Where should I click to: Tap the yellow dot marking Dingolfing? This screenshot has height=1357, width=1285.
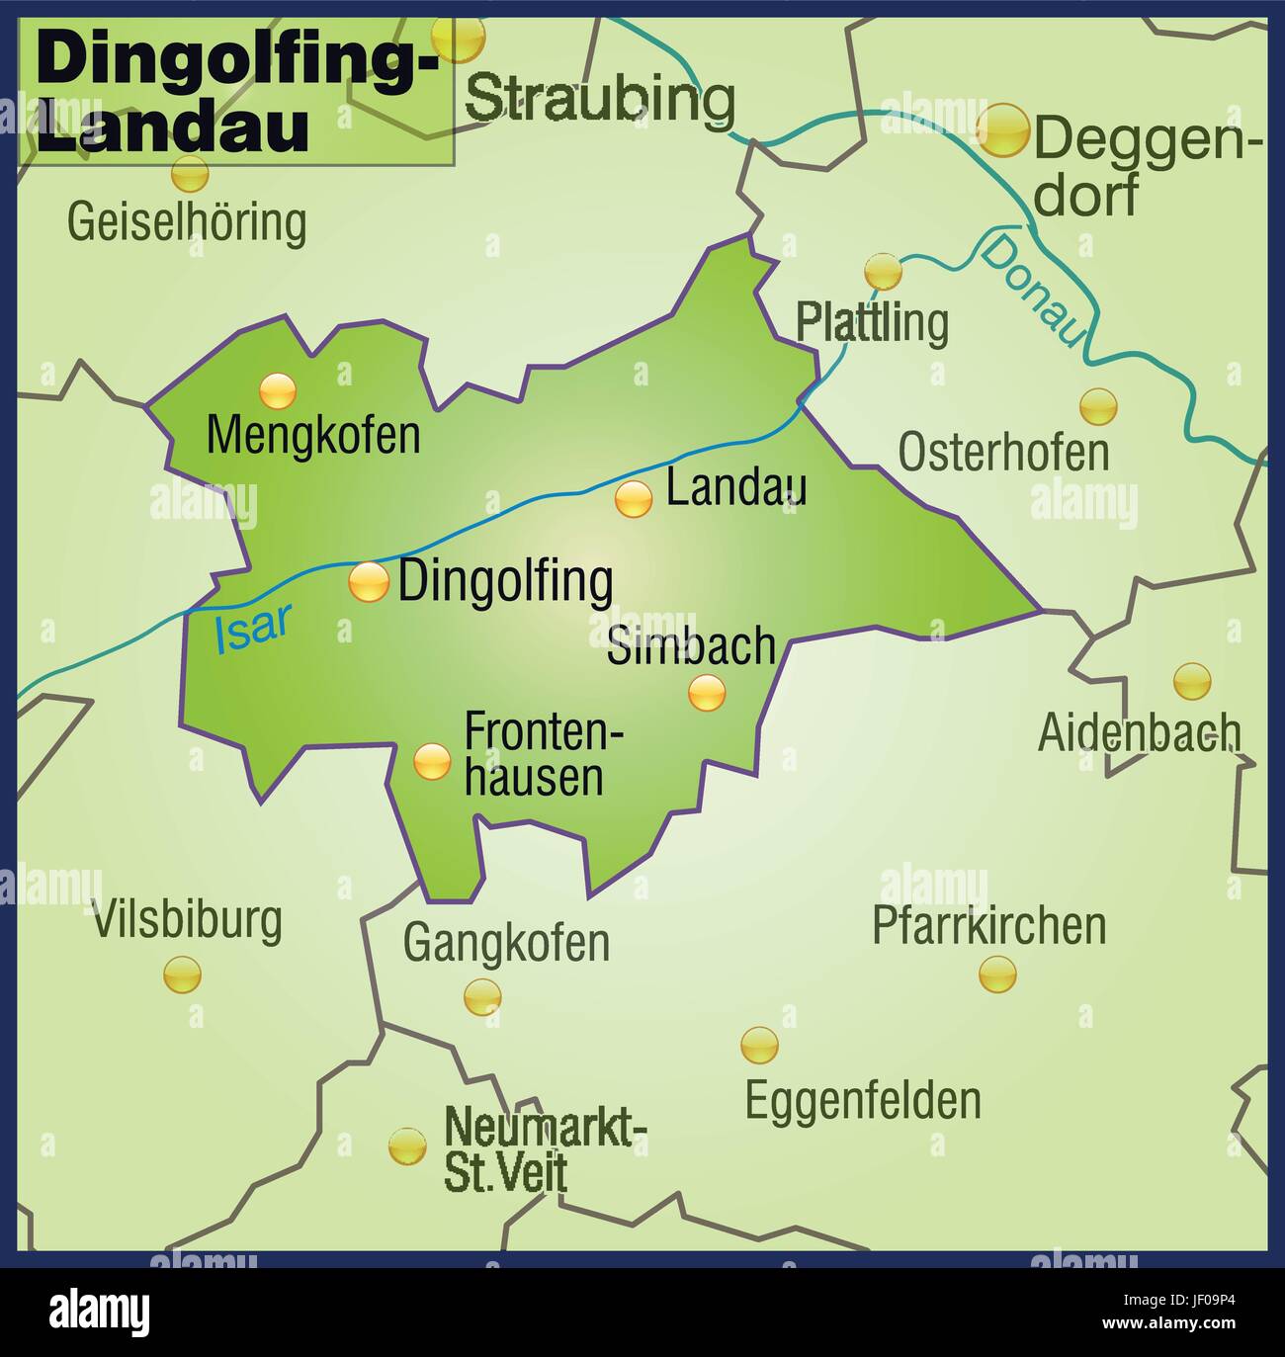[369, 582]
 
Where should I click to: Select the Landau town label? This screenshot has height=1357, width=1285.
[736, 487]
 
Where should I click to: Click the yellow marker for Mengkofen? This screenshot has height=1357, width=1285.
[278, 391]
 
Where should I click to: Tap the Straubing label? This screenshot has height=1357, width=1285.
[600, 98]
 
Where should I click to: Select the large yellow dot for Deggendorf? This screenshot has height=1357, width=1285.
[1003, 130]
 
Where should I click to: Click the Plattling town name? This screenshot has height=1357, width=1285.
[873, 321]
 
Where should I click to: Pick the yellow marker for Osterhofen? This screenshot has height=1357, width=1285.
[1097, 406]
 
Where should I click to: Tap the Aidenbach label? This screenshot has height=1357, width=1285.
[1139, 732]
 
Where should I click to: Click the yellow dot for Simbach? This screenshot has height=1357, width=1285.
[707, 693]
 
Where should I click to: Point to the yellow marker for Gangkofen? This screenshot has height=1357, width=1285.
[482, 996]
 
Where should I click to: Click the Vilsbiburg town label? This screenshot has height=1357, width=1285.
[188, 920]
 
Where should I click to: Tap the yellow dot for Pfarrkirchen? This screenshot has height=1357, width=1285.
[997, 974]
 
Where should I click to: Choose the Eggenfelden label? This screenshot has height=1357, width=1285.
[863, 1100]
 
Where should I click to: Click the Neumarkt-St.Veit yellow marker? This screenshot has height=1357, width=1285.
[406, 1146]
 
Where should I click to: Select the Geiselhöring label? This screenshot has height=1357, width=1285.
[187, 222]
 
